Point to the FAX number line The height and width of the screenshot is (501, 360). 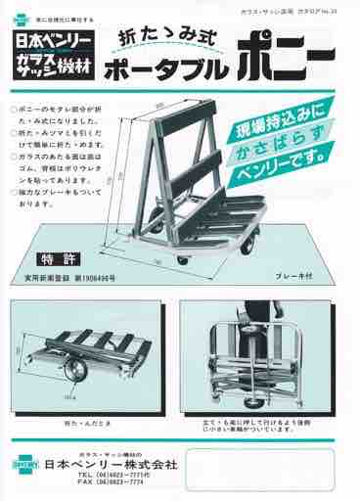110,484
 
